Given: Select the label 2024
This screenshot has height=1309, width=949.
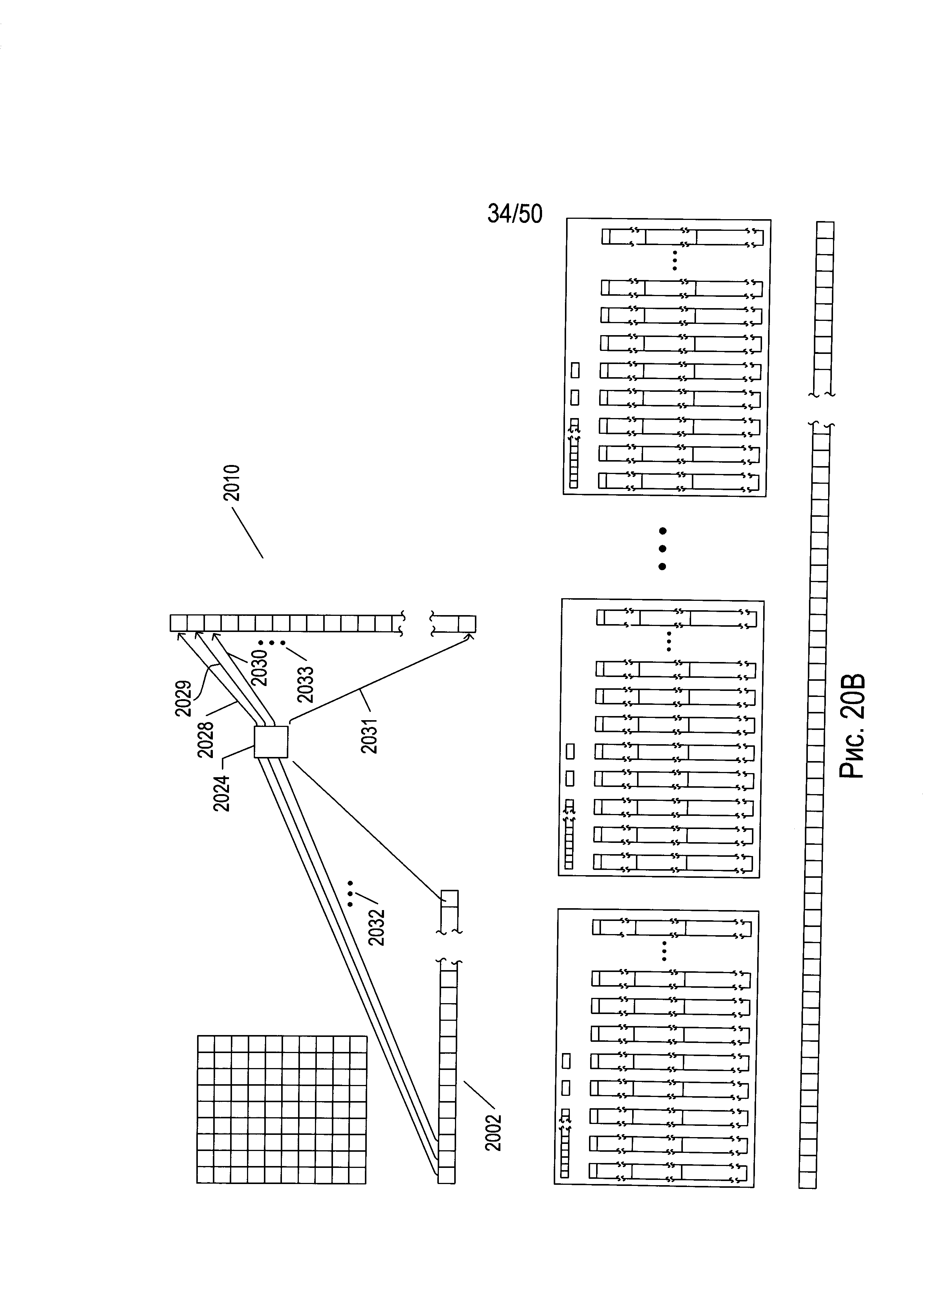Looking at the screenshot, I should pyautogui.click(x=221, y=793).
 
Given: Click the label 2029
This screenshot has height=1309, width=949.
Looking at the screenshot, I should pyautogui.click(x=184, y=698).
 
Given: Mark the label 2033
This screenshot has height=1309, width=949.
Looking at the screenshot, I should pyautogui.click(x=305, y=684).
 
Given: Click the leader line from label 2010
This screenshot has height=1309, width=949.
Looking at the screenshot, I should pyautogui.click(x=247, y=532).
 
